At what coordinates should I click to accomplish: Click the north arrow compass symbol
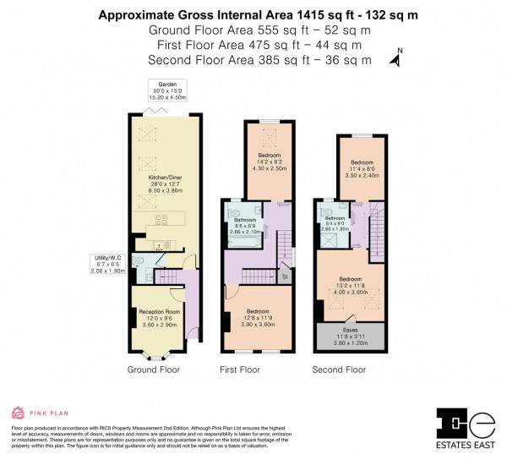[x=394, y=59]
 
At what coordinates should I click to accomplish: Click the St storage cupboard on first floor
[x=286, y=276]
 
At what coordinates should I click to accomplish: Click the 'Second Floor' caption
[x=338, y=370]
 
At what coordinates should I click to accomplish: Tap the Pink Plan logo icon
[x=18, y=413]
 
